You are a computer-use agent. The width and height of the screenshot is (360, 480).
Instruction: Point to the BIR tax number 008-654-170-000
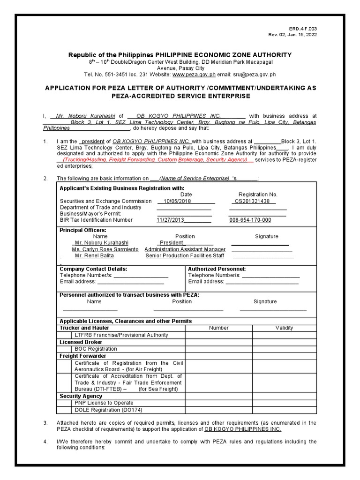pos(250,220)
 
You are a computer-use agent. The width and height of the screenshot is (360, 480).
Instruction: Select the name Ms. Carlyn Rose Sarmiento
pos(105,249)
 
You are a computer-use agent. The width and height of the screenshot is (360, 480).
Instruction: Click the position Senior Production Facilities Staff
pos(185,256)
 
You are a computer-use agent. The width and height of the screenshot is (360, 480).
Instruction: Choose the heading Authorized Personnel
pos(217,269)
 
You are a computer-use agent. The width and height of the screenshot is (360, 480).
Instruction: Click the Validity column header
pos(284,328)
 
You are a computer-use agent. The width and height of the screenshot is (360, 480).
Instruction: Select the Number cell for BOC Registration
pos(218,349)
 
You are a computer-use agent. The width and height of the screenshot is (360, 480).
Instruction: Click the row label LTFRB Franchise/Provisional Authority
pos(121,335)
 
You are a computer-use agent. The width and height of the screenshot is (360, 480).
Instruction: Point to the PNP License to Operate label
pos(104,403)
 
